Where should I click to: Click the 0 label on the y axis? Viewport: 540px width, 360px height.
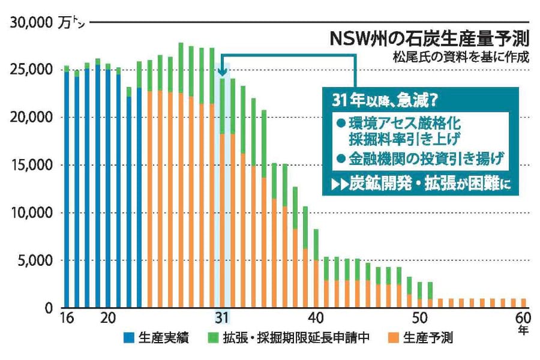pyautogui.click(x=50, y=308)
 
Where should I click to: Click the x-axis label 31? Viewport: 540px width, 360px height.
pyautogui.click(x=222, y=318)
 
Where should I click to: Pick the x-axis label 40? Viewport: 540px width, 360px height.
pyautogui.click(x=316, y=318)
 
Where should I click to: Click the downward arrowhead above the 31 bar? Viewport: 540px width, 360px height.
pyautogui.click(x=223, y=72)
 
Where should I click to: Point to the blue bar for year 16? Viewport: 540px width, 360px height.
pyautogui.click(x=67, y=189)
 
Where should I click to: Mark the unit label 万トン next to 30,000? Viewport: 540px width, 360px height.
pyautogui.click(x=73, y=23)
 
